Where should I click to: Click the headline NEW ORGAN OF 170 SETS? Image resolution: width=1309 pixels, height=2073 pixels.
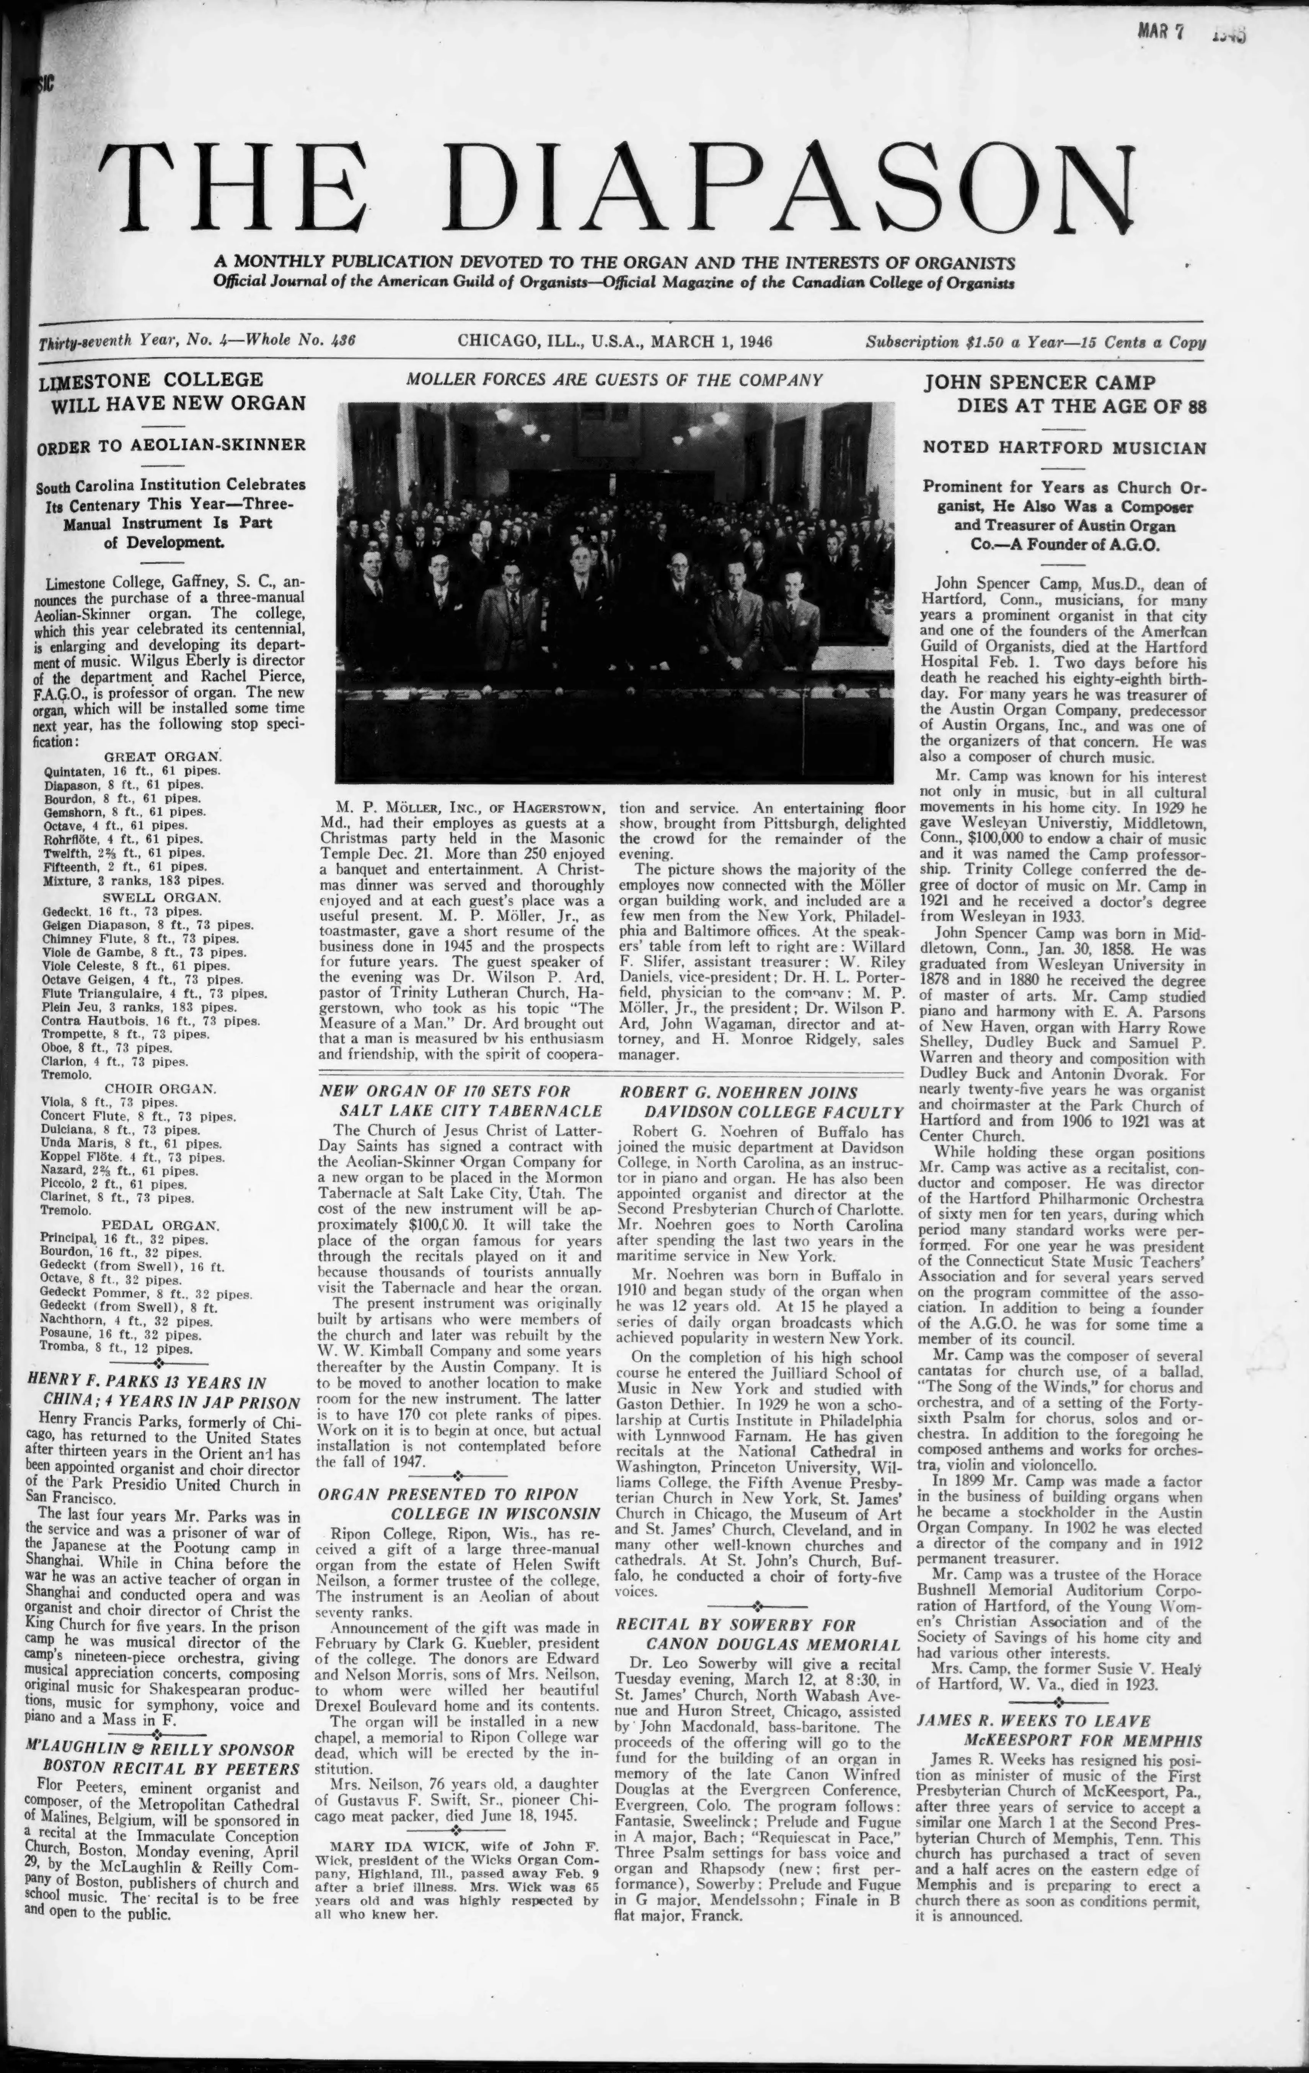point(461,1100)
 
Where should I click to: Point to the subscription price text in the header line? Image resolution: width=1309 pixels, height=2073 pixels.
point(1035,342)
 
